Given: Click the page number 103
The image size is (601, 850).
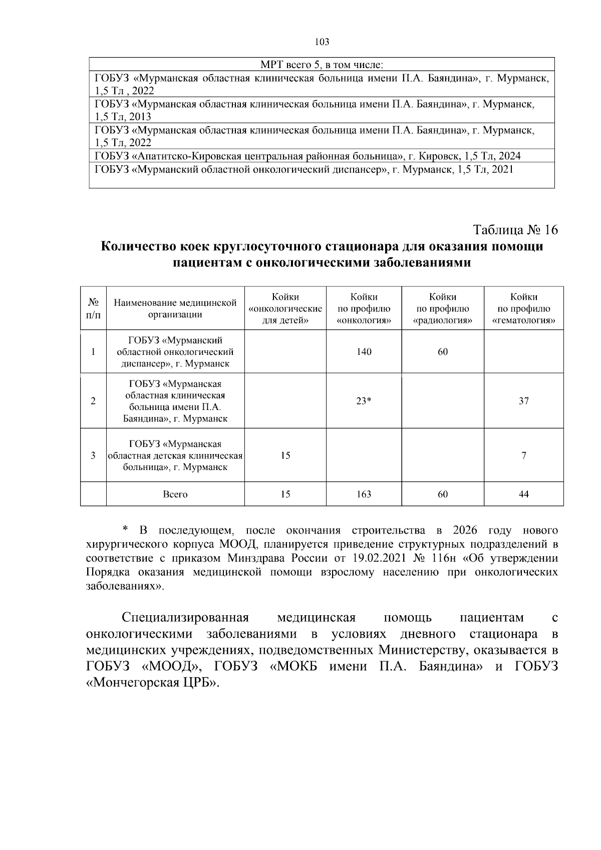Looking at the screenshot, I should (322, 42).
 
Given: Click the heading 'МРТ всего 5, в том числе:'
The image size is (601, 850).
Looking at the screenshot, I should (322, 65).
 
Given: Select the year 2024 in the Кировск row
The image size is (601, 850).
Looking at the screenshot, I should (509, 156).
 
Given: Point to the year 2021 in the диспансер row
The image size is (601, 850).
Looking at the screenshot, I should (502, 169).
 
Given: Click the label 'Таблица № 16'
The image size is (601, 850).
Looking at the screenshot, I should (515, 230).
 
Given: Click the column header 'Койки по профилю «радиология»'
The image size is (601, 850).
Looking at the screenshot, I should (443, 308).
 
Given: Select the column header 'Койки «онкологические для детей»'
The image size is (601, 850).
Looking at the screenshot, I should (285, 308).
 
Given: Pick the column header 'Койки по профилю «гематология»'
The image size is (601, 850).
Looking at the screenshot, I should (523, 308).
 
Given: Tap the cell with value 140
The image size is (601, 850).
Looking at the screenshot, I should (364, 351).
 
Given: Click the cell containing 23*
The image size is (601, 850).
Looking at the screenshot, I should (364, 400).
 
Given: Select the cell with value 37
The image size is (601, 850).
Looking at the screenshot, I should (523, 400).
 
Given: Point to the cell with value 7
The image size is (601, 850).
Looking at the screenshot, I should (523, 455).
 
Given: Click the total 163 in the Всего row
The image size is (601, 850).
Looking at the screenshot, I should (364, 494).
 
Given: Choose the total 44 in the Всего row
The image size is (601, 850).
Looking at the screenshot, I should (523, 494).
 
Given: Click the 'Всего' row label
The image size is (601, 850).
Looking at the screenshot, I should (175, 494).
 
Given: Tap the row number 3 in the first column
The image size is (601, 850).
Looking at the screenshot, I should (93, 455).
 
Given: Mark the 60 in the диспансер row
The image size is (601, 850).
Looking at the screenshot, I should (443, 351).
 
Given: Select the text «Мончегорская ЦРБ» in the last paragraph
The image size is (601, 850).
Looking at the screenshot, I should (153, 683).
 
